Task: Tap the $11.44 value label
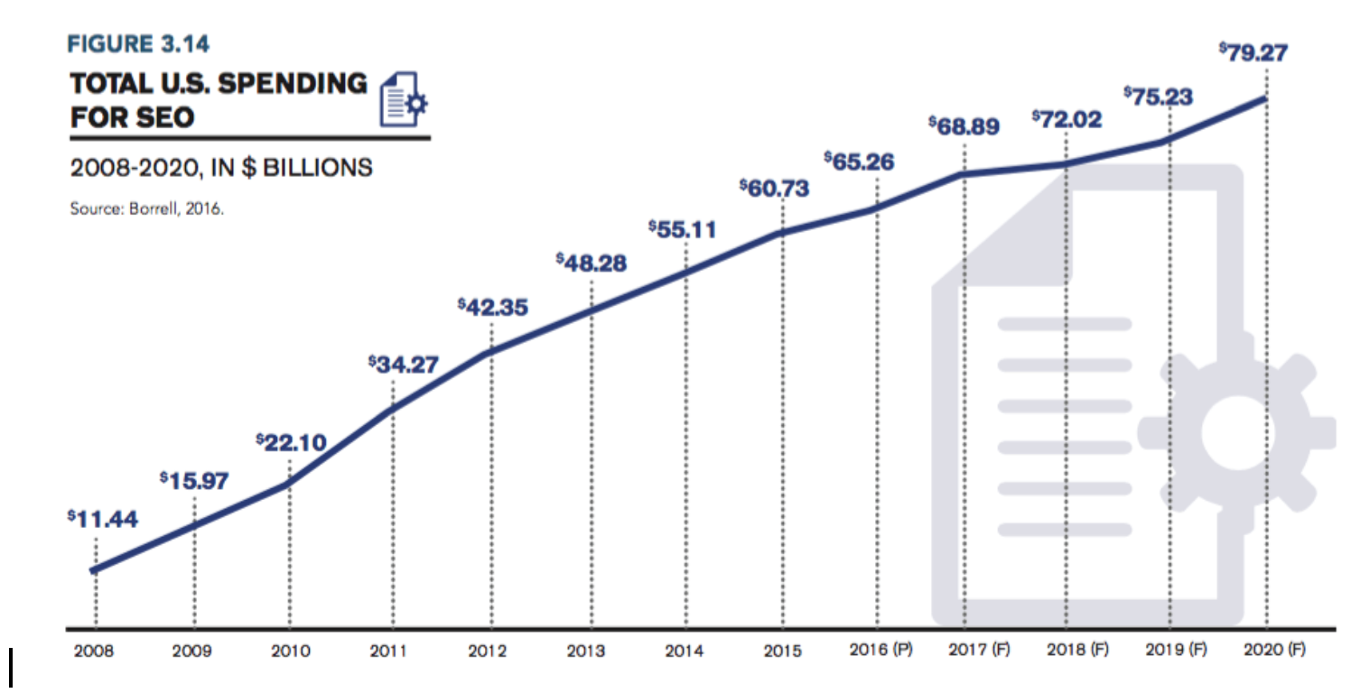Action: coord(101,521)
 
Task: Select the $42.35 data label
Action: coord(493,308)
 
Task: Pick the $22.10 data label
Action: coord(291,441)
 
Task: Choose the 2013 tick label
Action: coord(587,650)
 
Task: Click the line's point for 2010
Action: coord(289,484)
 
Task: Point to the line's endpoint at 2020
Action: coord(1264,97)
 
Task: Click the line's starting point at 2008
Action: coord(94,569)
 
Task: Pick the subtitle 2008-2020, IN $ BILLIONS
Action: coord(221,167)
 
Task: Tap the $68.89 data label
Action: coord(964,126)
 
